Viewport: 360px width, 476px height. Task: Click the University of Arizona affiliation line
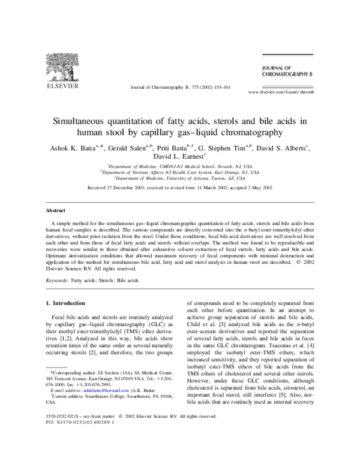[x=180, y=178]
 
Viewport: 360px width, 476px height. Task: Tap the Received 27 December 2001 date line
[x=180, y=188]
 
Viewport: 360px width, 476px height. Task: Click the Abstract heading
[x=56, y=211]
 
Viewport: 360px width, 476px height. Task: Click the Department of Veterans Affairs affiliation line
[x=180, y=171]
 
